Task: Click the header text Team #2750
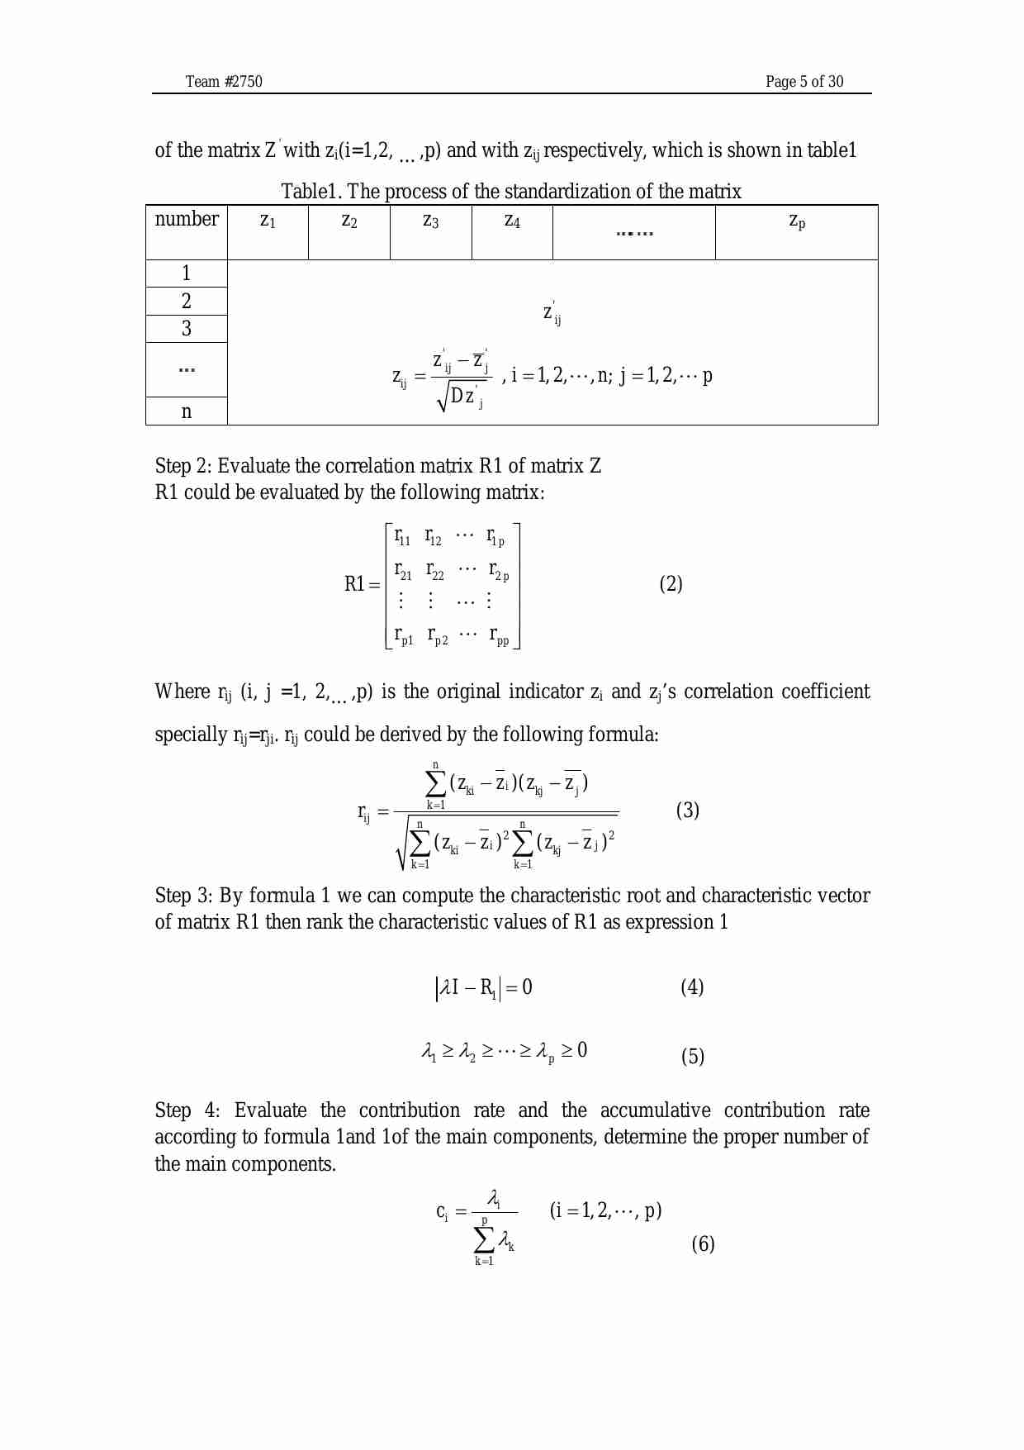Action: pyautogui.click(x=224, y=81)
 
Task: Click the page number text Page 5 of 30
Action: pyautogui.click(x=804, y=81)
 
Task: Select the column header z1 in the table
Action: pyautogui.click(x=268, y=221)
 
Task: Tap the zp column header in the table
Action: pyautogui.click(x=797, y=221)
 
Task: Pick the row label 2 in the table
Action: pyautogui.click(x=187, y=301)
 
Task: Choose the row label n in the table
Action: pyautogui.click(x=187, y=411)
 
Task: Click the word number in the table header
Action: pyautogui.click(x=187, y=219)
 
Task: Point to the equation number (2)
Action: pyautogui.click(x=671, y=584)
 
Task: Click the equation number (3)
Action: pyautogui.click(x=687, y=810)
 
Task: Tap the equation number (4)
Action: pyautogui.click(x=692, y=987)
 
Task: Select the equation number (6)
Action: pyautogui.click(x=703, y=1243)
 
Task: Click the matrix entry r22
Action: pyautogui.click(x=435, y=570)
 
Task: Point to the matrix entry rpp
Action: pyautogui.click(x=499, y=636)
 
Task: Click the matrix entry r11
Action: pyautogui.click(x=402, y=537)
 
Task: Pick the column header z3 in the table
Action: pyautogui.click(x=430, y=221)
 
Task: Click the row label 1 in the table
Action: pyautogui.click(x=187, y=273)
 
